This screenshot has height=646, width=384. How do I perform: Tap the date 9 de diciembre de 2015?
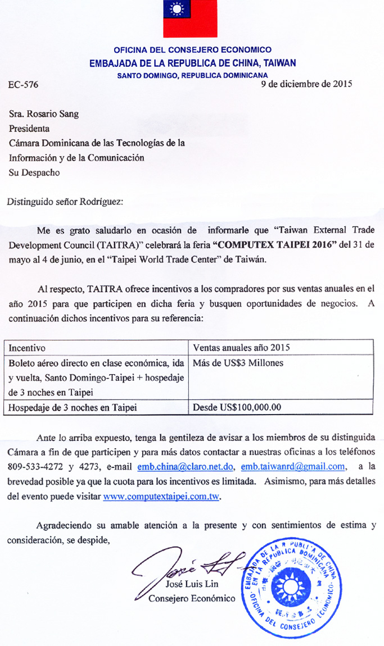coord(307,84)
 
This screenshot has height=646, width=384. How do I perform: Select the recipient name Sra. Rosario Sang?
coord(44,114)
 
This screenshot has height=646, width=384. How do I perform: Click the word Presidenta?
coord(29,129)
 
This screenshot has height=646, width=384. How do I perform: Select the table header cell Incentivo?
coord(27,348)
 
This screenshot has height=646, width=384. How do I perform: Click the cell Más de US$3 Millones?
coord(238,363)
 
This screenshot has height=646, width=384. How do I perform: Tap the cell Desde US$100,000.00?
coord(237,407)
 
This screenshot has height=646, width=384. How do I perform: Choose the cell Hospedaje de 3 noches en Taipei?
coord(73,407)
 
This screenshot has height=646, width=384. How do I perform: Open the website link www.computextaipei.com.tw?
coord(161,497)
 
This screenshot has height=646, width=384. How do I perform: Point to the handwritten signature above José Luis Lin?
coord(186,565)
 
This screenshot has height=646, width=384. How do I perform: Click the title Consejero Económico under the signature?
coord(192,598)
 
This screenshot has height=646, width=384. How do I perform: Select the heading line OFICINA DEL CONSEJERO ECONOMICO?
coord(192,50)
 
